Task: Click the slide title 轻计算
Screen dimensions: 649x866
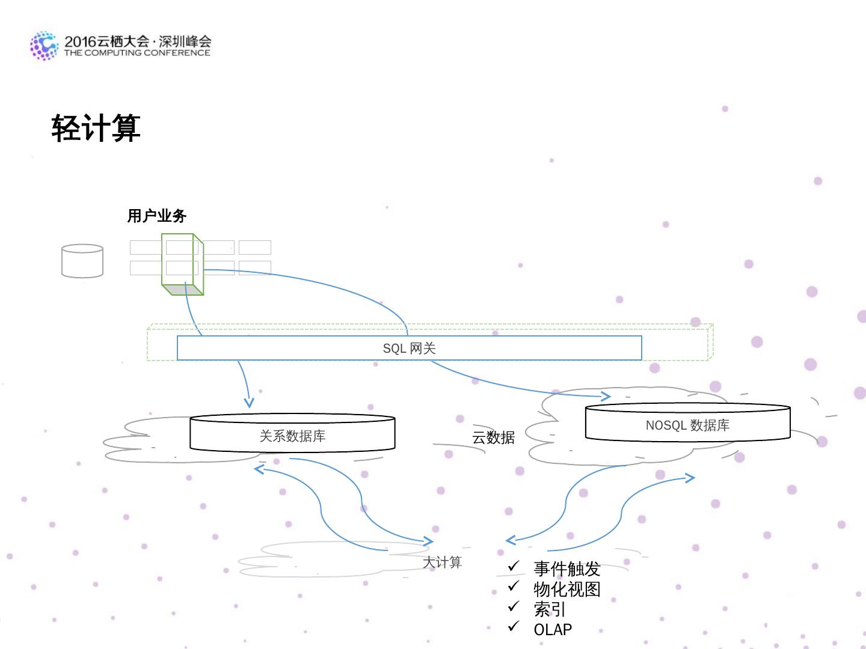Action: pos(96,128)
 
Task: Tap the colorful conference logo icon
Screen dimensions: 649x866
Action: pos(44,46)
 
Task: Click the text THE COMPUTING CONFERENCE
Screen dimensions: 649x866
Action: pos(137,53)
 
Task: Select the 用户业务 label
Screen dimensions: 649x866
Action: pos(157,216)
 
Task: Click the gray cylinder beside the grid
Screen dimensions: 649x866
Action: pos(82,261)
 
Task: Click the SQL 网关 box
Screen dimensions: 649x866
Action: pos(409,349)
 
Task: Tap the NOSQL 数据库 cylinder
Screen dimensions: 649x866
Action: pos(687,424)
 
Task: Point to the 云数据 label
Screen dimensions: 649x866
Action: pos(493,437)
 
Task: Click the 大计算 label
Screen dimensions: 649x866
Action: pos(442,562)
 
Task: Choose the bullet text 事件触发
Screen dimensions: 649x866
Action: pos(567,568)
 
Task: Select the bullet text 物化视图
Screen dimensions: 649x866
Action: pos(567,589)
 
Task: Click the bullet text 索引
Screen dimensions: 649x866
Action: pos(550,609)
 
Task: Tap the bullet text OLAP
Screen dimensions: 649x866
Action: pos(553,629)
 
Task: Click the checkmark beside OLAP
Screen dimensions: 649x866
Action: pos(514,626)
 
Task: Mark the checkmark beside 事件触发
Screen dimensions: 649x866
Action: pos(514,566)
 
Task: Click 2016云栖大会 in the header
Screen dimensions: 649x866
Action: pos(106,41)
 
